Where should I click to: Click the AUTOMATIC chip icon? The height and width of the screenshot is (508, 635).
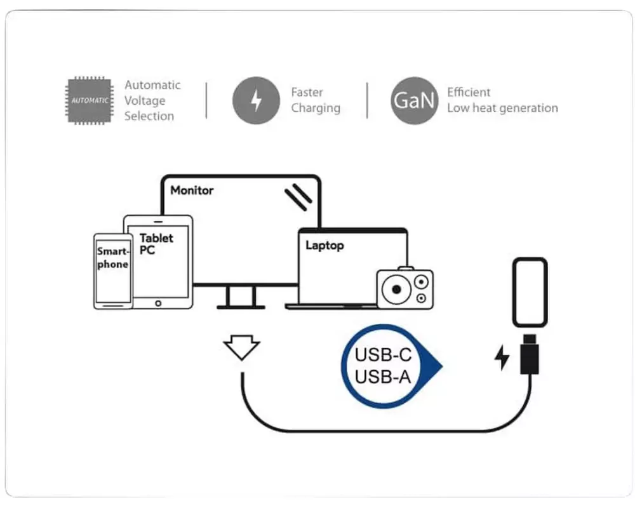(x=89, y=100)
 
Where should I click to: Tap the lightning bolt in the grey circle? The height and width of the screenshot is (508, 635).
(x=256, y=100)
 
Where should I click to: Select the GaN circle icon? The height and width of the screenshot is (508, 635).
(x=414, y=100)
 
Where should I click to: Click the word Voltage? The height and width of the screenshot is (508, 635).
(x=145, y=100)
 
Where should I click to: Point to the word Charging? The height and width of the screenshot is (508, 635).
(x=316, y=108)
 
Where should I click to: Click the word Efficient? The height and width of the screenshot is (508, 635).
(x=469, y=93)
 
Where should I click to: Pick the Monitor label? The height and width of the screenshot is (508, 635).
(x=192, y=190)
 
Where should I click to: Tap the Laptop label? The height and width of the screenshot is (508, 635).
(x=324, y=245)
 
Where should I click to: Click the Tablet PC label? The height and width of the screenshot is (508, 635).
(x=156, y=244)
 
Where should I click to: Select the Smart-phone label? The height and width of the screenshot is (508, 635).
(x=112, y=258)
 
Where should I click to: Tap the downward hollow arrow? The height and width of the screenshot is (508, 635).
(x=241, y=349)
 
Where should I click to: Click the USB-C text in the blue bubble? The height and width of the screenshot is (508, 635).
(x=383, y=355)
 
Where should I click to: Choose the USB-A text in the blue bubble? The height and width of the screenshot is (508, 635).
(x=383, y=377)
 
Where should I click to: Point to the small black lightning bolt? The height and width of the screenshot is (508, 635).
(x=502, y=358)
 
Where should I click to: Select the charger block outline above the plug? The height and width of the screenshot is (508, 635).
(x=530, y=293)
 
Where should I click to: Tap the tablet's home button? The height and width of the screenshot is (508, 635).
(x=157, y=304)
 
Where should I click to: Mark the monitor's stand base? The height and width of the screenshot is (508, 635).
(x=241, y=307)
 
